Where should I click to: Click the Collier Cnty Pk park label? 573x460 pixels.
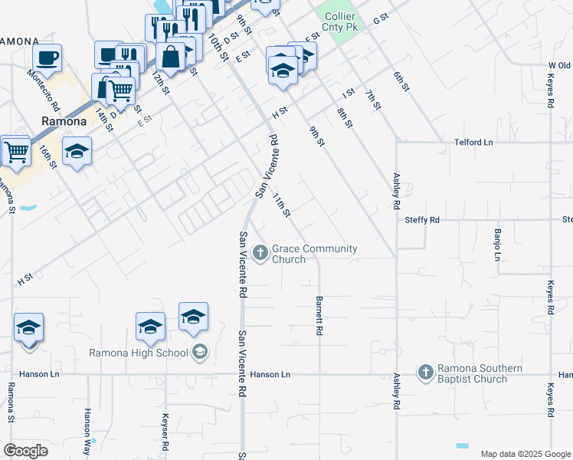pos(340,21)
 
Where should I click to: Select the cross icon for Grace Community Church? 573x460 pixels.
pos(260,252)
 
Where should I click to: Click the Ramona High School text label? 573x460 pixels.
pos(139,353)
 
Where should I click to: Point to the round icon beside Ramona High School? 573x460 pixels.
pos(199,353)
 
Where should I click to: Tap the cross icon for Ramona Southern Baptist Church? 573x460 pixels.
pos(426,373)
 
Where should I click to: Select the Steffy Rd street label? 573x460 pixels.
pos(421,220)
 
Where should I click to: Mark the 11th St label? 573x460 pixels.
pos(281,205)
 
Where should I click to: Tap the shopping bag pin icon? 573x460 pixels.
pos(171,56)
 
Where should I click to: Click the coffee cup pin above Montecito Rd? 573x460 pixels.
pos(47,58)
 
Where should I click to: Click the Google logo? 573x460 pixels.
pos(25,450)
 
